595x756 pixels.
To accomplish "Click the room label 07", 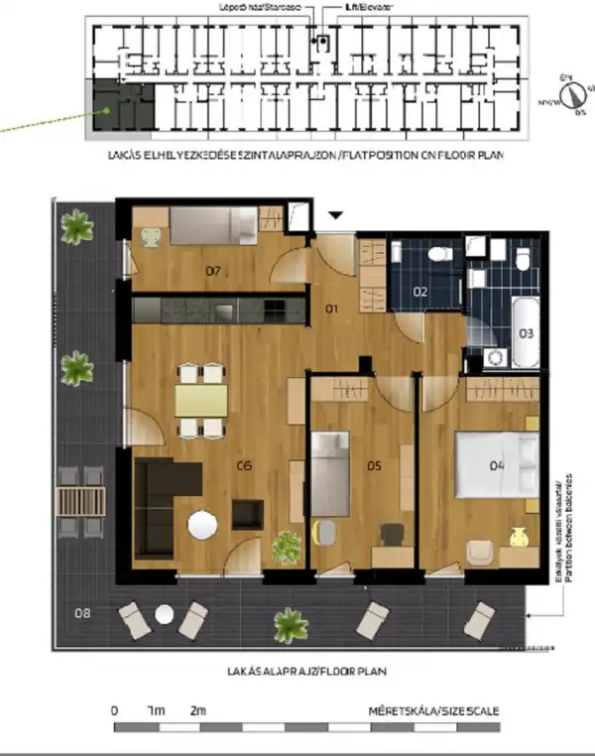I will click(x=212, y=270).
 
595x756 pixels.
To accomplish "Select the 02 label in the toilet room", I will click(x=419, y=292).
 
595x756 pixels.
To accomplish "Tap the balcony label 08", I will click(x=82, y=612).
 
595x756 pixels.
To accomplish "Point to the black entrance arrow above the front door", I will click(x=336, y=213).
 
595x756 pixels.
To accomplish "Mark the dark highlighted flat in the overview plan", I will click(x=122, y=105).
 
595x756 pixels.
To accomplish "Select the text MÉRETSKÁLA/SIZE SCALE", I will click(x=433, y=711).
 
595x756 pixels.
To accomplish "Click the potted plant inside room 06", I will click(x=287, y=545).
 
